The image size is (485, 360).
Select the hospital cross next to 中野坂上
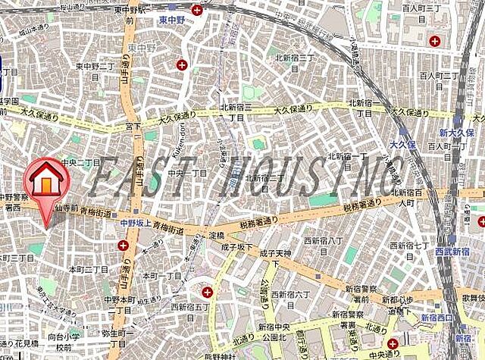point(124,245)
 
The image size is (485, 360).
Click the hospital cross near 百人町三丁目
point(435,41)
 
